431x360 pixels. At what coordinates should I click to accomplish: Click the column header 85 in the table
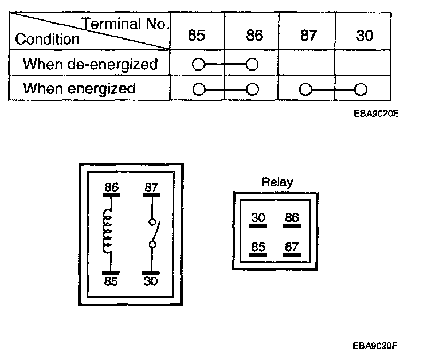point(197,36)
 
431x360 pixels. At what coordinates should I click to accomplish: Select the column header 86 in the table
point(254,36)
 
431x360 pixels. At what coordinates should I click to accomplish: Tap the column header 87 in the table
point(308,36)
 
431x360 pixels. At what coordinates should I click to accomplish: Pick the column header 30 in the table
point(364,36)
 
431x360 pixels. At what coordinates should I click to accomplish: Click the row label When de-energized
point(90,64)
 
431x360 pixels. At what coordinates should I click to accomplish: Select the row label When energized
point(79,89)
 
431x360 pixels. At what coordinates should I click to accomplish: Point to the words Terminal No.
point(126,24)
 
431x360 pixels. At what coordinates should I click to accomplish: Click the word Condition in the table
point(48,40)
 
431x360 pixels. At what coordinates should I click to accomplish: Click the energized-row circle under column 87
point(305,90)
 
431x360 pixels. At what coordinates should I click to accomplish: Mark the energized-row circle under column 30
point(360,90)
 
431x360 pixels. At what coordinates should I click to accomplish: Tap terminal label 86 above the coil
point(111,187)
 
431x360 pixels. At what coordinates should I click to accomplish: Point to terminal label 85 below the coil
point(111,281)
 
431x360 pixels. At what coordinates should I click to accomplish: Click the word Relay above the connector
point(277,183)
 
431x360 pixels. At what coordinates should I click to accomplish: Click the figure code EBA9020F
point(375,346)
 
